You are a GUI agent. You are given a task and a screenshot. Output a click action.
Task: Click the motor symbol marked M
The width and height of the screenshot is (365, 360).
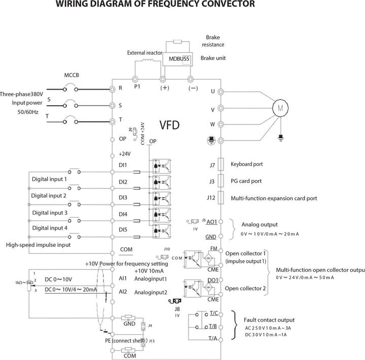point(280,107)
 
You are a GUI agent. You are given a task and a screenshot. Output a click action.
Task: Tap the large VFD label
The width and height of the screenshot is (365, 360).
point(169,125)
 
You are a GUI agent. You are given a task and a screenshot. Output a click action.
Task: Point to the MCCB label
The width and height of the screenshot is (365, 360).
point(71,76)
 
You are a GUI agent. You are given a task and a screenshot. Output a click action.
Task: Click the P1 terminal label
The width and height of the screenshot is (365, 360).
point(137,87)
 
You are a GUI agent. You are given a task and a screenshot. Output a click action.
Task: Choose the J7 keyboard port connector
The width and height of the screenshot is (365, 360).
point(220,165)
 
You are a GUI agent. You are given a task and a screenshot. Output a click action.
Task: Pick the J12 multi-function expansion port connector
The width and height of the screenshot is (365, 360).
point(220,198)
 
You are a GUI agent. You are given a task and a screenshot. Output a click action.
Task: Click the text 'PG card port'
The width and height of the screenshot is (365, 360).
point(246,181)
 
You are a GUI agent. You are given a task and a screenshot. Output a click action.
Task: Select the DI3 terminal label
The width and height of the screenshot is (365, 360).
point(123,197)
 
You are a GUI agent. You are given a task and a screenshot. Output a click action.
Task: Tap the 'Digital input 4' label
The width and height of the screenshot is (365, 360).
point(50,228)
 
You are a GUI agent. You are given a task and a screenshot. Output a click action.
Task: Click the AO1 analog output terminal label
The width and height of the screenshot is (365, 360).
point(212,222)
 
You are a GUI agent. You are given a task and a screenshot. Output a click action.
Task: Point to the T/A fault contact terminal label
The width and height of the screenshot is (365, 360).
point(213,338)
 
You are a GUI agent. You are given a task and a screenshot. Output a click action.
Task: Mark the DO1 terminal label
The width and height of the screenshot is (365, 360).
point(213,280)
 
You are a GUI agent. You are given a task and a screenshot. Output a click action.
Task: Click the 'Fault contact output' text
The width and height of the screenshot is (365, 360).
point(269,320)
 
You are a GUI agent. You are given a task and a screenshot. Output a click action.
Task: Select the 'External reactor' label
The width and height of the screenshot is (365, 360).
point(145,53)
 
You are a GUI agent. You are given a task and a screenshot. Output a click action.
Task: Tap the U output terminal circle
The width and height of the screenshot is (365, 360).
point(221,92)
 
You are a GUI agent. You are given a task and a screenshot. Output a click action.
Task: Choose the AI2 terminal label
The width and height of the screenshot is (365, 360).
point(122,292)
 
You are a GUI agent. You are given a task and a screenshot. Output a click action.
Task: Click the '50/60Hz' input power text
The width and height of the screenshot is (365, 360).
point(31,110)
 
